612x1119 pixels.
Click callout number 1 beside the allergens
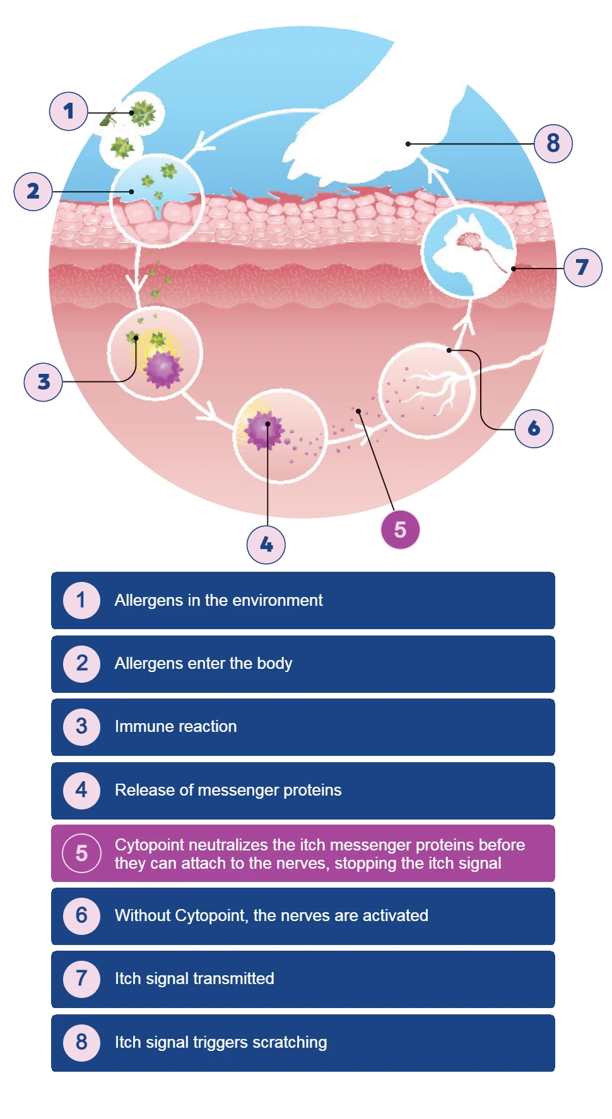coord(68,112)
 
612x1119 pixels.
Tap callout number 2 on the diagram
coord(33,191)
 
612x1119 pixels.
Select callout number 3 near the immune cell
coord(43,381)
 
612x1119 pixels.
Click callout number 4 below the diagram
coord(266,545)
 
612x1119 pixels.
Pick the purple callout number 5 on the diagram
coord(400,530)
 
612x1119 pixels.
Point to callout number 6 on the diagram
coord(534,429)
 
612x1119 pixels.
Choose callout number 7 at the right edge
coord(582,267)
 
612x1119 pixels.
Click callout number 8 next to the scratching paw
coord(553,144)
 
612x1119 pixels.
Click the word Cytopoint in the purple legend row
coord(150,845)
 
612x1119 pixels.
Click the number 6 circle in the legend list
coord(81,915)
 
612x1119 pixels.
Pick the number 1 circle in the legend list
coord(81,600)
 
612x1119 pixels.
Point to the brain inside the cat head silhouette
coord(470,240)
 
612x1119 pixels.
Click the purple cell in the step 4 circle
coord(265,430)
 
